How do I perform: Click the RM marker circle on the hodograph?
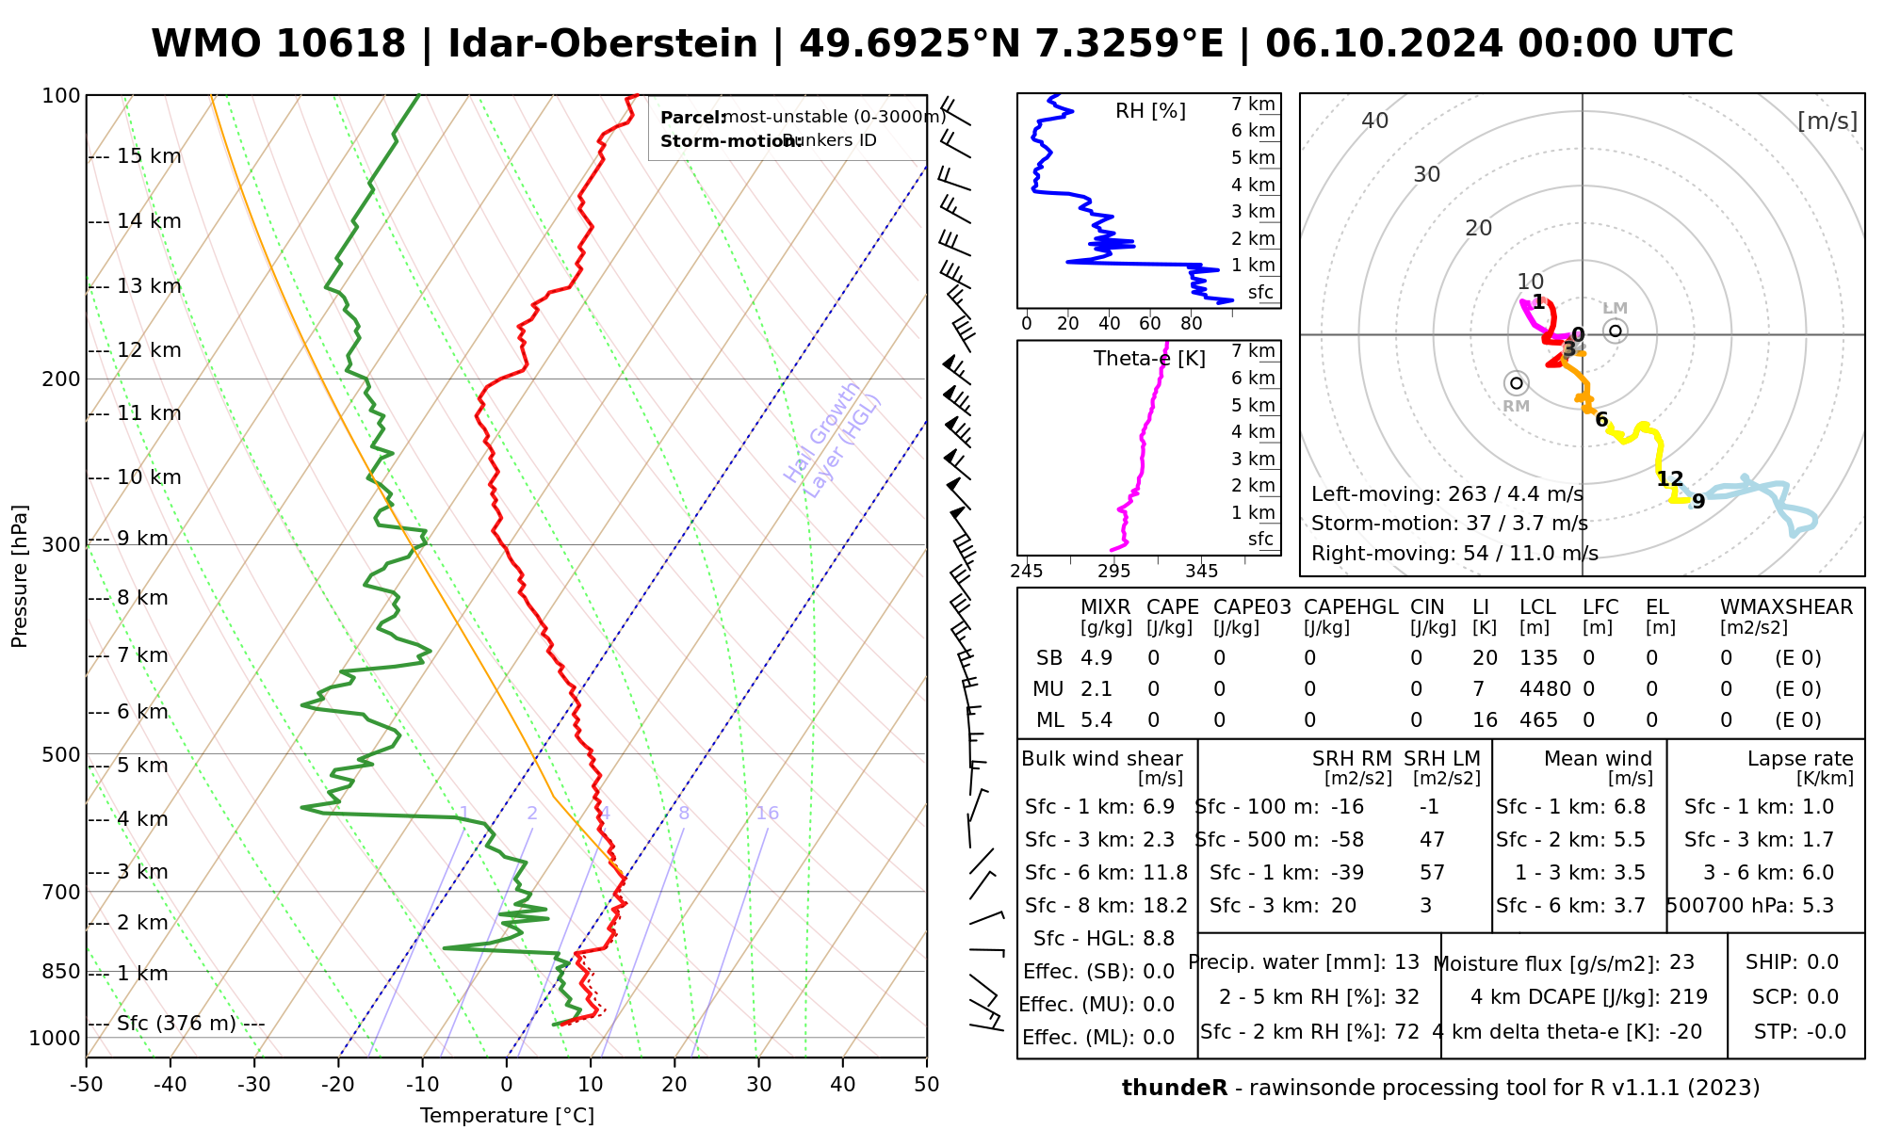(1516, 383)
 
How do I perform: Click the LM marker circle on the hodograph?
(1616, 331)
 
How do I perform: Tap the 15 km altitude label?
(149, 156)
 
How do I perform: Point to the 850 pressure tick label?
(61, 972)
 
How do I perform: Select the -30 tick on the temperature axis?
(254, 1085)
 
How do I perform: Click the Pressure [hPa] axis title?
(20, 576)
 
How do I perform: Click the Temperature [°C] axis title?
(507, 1116)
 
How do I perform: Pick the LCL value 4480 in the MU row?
(1545, 689)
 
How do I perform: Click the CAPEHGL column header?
(1351, 607)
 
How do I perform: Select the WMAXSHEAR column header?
(1786, 607)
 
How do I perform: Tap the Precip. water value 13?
(1406, 962)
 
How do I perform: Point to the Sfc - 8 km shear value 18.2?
(1165, 906)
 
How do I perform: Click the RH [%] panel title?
(1150, 111)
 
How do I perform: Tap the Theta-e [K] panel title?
(1149, 359)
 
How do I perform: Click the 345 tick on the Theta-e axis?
(1201, 572)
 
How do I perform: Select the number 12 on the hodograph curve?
(1670, 479)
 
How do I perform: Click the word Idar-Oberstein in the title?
(602, 44)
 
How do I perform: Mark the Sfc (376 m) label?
(176, 1024)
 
